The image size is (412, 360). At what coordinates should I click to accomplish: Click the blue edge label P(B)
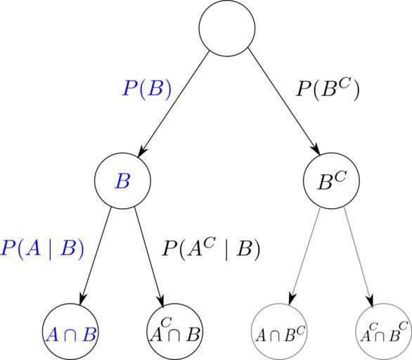pyautogui.click(x=148, y=89)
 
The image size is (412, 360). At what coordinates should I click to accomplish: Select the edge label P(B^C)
pyautogui.click(x=328, y=89)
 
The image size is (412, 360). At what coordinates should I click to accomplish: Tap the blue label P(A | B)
pyautogui.click(x=43, y=248)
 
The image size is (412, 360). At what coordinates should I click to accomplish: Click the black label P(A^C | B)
pyautogui.click(x=211, y=248)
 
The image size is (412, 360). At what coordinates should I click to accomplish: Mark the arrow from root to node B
pyautogui.click(x=174, y=104)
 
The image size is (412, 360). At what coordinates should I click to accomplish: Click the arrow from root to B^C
pyautogui.click(x=284, y=102)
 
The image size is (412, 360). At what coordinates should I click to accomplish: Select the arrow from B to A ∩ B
pyautogui.click(x=96, y=256)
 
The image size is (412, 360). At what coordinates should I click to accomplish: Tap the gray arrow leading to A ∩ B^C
pyautogui.click(x=305, y=257)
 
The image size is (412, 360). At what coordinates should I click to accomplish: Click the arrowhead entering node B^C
pyautogui.click(x=316, y=150)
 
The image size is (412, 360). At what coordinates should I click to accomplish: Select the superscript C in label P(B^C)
pyautogui.click(x=344, y=84)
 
